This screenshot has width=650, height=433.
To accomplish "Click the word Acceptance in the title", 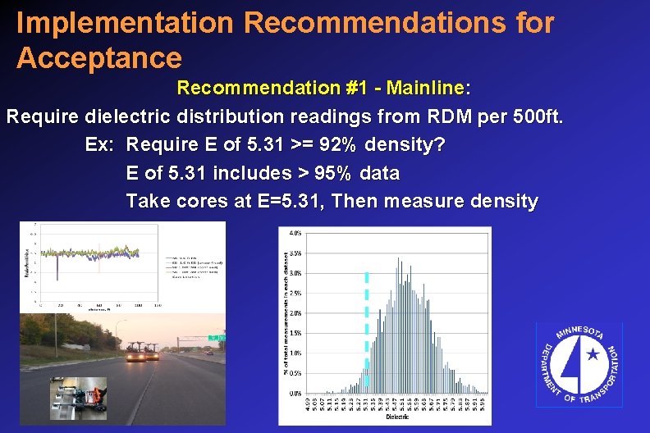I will [x=98, y=58].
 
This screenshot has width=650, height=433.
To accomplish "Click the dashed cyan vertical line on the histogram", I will [x=367, y=328].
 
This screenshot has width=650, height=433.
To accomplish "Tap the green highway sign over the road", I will [x=217, y=337].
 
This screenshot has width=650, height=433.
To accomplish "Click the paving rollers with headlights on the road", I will [x=143, y=352].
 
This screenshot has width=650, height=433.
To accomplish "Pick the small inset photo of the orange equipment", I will [x=78, y=397].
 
